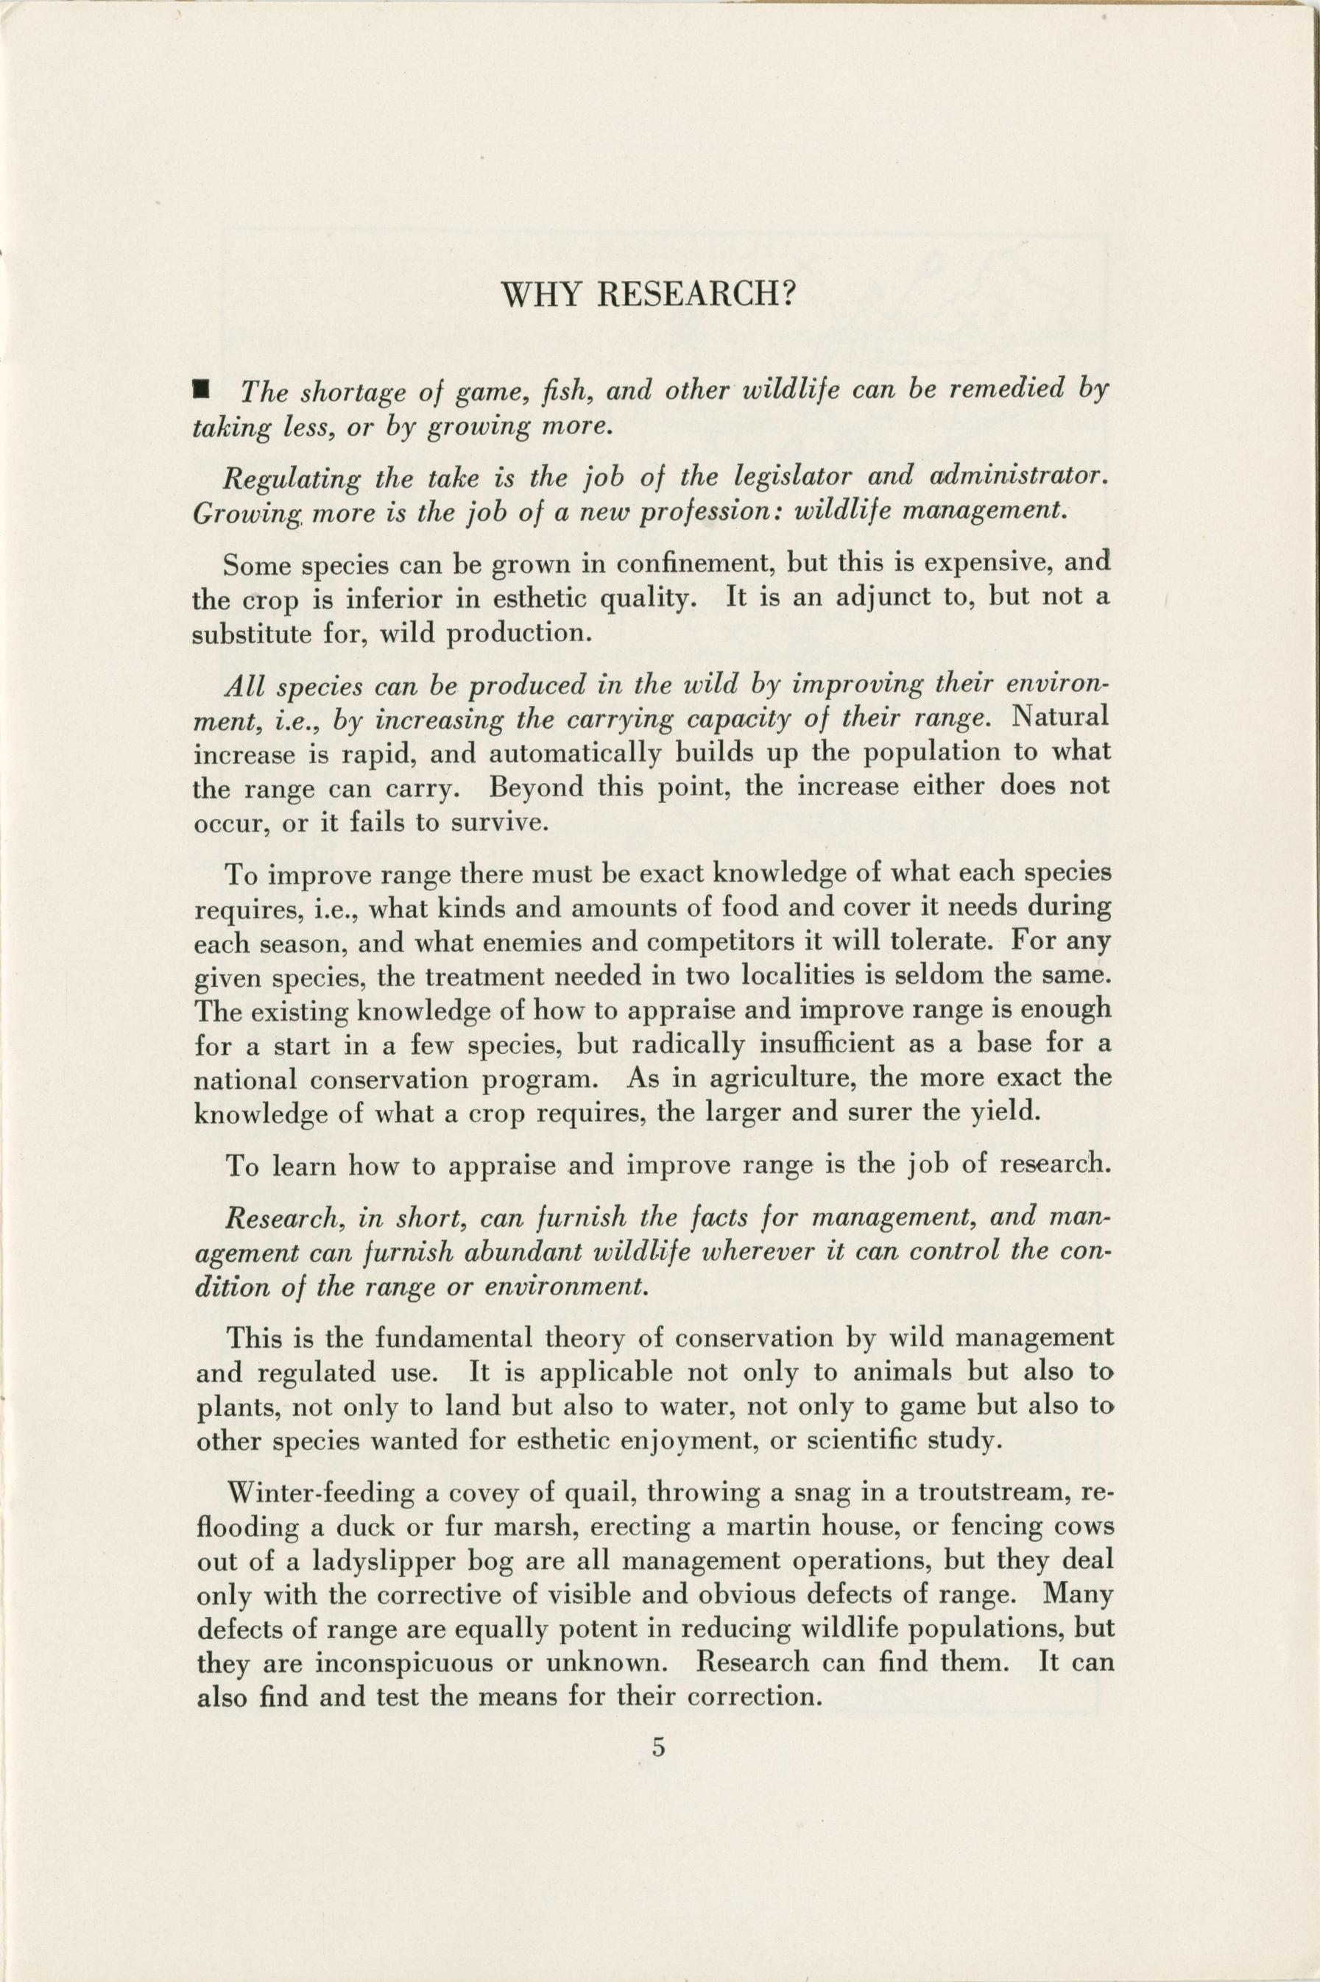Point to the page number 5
point(659,1747)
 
